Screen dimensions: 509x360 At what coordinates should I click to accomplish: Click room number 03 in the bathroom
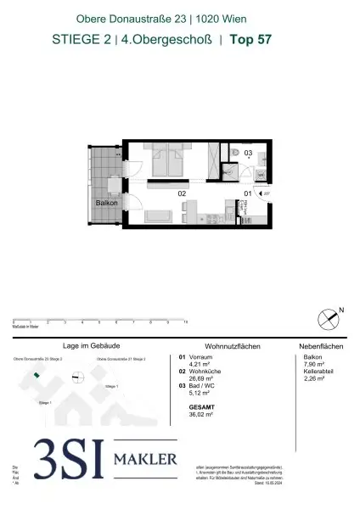coord(248,153)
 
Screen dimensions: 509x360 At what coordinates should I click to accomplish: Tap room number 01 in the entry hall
coord(248,194)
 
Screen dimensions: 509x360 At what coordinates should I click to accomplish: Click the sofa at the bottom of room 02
coord(159,217)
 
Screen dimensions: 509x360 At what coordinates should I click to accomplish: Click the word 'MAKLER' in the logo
coord(146,461)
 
